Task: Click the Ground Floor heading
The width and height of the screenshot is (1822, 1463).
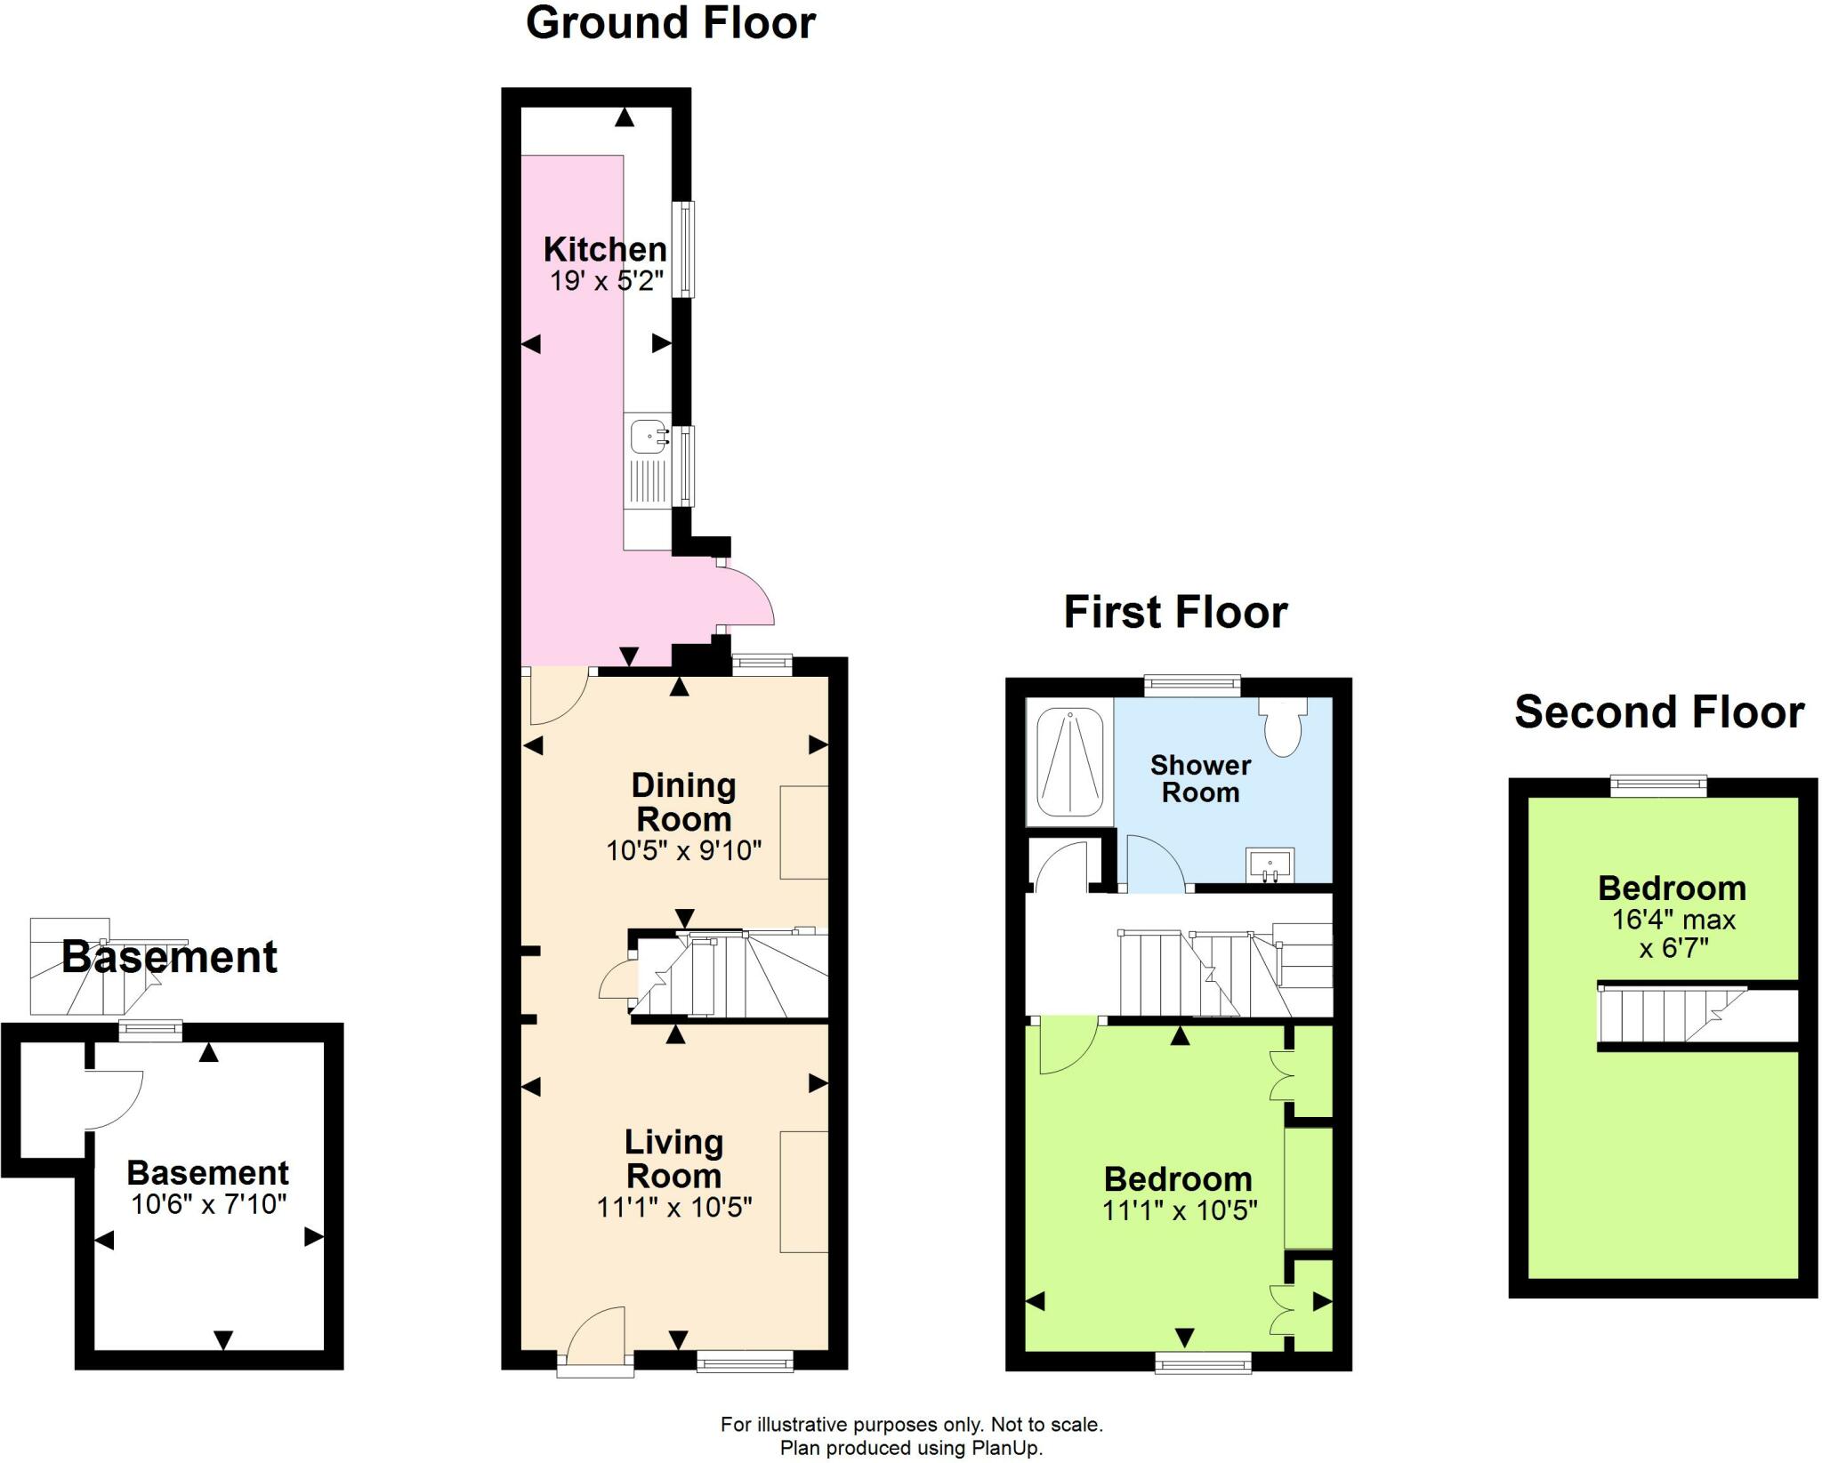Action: pyautogui.click(x=670, y=24)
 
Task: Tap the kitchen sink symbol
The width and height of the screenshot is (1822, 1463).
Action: pyautogui.click(x=649, y=438)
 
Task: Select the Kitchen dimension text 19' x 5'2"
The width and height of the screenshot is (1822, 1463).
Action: pyautogui.click(x=606, y=282)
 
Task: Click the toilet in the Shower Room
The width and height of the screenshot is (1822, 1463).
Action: pyautogui.click(x=1282, y=727)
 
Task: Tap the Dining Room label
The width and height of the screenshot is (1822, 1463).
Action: pyautogui.click(x=683, y=801)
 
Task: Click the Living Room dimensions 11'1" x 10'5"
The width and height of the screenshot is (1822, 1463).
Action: pyautogui.click(x=674, y=1207)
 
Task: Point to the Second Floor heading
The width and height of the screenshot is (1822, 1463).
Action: pyautogui.click(x=1659, y=712)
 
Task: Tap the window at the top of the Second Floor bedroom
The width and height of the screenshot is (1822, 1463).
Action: pyautogui.click(x=1658, y=785)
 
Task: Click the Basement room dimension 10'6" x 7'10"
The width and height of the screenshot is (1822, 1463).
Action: pyautogui.click(x=209, y=1204)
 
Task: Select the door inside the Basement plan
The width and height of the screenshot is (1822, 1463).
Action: pyautogui.click(x=114, y=1099)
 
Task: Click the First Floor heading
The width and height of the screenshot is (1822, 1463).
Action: pyautogui.click(x=1175, y=613)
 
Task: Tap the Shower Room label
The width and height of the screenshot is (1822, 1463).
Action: pyautogui.click(x=1200, y=778)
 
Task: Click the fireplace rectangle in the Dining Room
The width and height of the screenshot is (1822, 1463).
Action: pyautogui.click(x=804, y=832)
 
